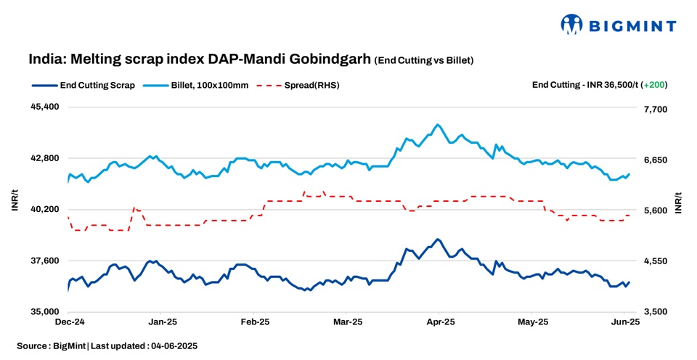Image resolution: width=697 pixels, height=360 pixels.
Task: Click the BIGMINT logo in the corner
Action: tap(618, 25)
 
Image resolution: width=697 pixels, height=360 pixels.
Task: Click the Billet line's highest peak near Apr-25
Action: tap(437, 125)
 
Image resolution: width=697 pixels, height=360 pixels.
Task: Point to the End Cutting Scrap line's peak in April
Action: tap(437, 239)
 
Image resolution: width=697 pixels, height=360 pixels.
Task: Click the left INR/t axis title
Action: tap(15, 202)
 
